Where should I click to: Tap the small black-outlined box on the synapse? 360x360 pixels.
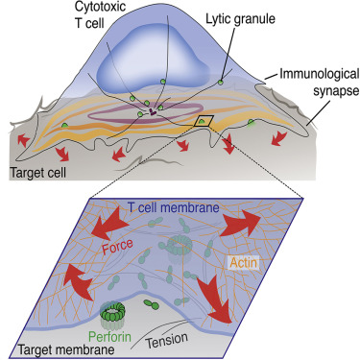pos(204,122)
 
